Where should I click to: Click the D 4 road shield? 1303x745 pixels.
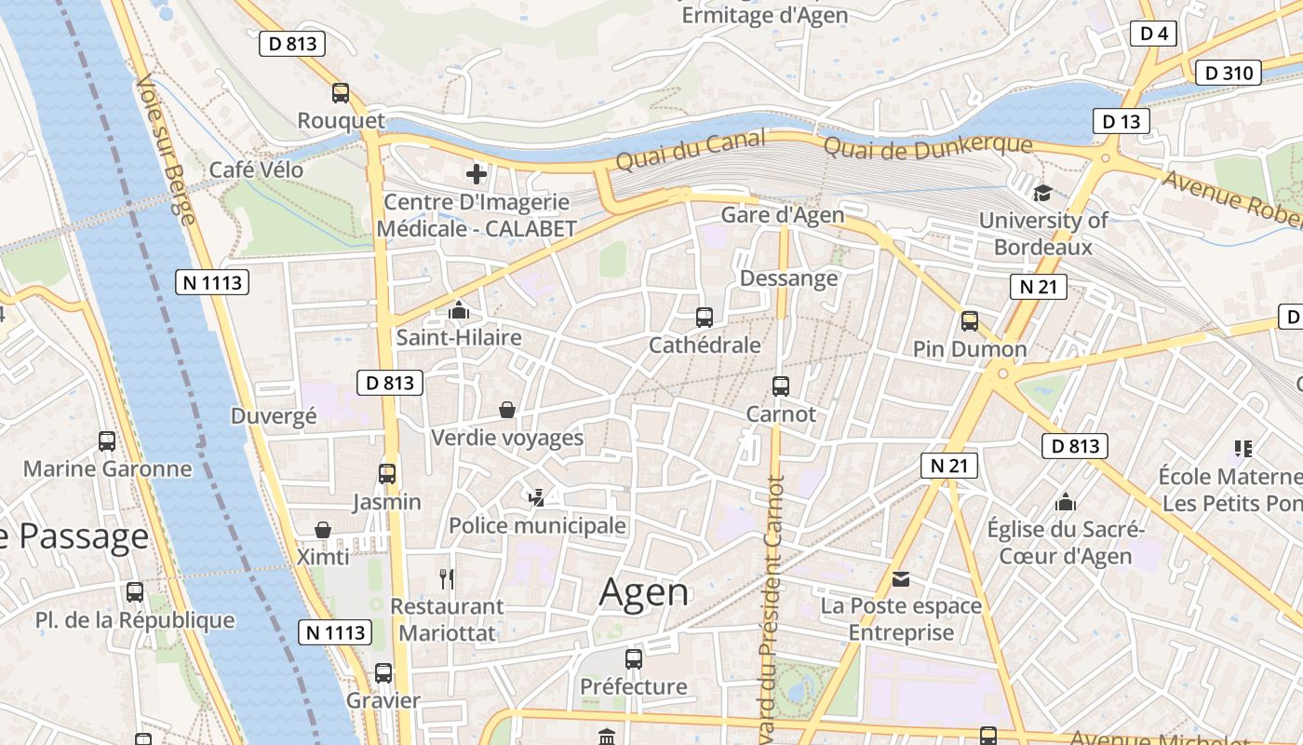1154,34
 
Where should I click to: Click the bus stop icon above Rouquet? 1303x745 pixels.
341,93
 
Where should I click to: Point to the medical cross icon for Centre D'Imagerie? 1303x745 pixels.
477,174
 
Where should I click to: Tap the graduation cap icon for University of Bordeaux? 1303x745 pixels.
1042,194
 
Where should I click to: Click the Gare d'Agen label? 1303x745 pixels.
783,215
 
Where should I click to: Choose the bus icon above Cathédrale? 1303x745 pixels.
705,318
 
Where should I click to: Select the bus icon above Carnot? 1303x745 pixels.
781,386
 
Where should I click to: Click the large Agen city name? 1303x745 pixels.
644,592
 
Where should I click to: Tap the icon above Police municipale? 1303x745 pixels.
536,498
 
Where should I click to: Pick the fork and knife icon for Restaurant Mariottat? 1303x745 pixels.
447,579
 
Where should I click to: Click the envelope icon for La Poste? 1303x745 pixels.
901,579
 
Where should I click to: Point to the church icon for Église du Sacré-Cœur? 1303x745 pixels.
1066,503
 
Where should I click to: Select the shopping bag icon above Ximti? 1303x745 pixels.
323,530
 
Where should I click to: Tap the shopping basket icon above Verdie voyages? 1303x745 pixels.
507,410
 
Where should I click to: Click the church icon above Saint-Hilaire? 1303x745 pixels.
459,310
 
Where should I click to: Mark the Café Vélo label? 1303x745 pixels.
256,169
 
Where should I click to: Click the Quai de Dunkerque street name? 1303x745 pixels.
928,146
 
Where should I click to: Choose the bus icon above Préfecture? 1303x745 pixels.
634,659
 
